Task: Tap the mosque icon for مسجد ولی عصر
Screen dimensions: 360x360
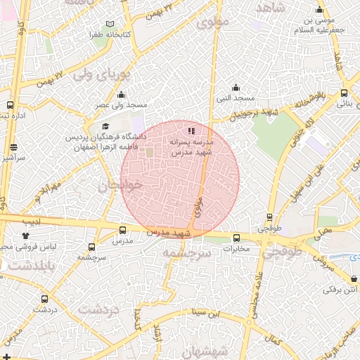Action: click(x=121, y=95)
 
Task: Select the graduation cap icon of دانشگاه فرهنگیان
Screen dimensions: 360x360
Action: click(x=105, y=125)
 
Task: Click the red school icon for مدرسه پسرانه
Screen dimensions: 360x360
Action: click(x=191, y=130)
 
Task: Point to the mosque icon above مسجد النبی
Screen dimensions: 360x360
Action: click(x=235, y=88)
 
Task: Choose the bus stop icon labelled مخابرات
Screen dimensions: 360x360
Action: click(x=236, y=238)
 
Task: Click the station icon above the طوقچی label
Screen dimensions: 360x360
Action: click(x=269, y=218)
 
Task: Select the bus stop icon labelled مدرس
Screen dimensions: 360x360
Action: click(x=123, y=230)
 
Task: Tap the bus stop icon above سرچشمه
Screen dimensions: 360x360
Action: click(x=92, y=247)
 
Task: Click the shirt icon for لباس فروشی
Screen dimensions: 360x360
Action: click(x=26, y=236)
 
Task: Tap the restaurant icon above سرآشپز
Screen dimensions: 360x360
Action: click(x=15, y=148)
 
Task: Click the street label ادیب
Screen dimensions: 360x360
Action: click(x=34, y=221)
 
